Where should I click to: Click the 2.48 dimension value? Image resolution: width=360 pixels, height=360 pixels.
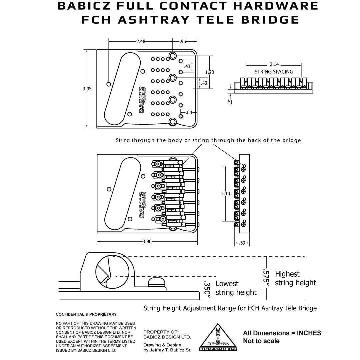pos(141,42)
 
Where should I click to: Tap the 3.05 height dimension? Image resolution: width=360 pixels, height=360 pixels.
pos(87,89)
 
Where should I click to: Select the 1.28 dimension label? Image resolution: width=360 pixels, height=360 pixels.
pos(210,72)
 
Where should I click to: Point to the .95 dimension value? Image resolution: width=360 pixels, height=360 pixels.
pos(183,42)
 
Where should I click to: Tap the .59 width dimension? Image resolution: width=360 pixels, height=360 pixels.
pos(242,243)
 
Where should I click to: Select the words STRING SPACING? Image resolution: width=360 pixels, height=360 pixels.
pos(274,72)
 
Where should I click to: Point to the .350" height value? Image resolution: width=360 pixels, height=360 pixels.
pos(207,289)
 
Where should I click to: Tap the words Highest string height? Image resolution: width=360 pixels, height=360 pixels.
pos(295,278)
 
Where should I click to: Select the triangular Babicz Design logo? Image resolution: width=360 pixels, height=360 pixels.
pos(218,337)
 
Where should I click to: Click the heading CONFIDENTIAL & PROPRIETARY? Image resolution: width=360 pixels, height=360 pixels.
pos(86,314)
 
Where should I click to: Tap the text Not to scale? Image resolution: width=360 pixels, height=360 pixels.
pos(261,341)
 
